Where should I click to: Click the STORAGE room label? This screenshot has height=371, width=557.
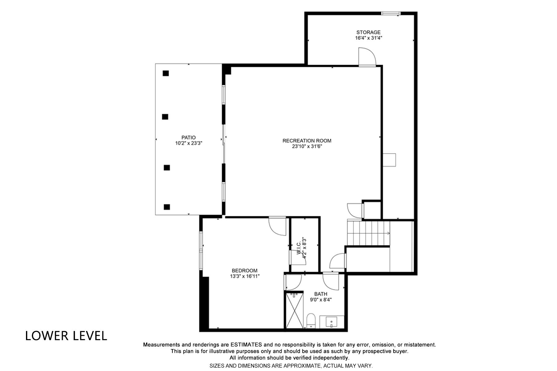(368, 32)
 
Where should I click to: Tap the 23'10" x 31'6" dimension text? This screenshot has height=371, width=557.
(307, 147)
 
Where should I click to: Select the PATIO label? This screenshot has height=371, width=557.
(188, 138)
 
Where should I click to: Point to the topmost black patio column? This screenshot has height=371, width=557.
(166, 73)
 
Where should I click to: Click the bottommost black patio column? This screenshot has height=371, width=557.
(167, 207)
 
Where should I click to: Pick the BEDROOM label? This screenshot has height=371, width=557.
(244, 271)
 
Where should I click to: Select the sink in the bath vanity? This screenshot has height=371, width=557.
(331, 322)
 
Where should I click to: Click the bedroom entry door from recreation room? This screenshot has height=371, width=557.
(277, 226)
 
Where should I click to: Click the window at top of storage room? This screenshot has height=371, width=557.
(391, 13)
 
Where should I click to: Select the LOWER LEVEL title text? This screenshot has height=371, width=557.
(66, 336)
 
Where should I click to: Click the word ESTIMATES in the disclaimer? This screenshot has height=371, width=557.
(246, 344)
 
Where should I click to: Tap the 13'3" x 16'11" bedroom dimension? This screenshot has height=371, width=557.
(244, 276)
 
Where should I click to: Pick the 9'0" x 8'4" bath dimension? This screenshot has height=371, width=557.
(321, 300)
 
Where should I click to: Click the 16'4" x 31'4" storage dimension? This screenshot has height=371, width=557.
(368, 38)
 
